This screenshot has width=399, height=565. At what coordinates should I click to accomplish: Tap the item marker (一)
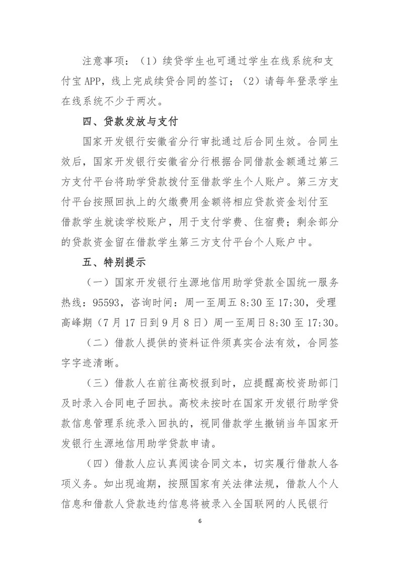coord(96,282)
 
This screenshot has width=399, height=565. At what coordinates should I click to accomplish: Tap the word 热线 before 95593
coord(78,302)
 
